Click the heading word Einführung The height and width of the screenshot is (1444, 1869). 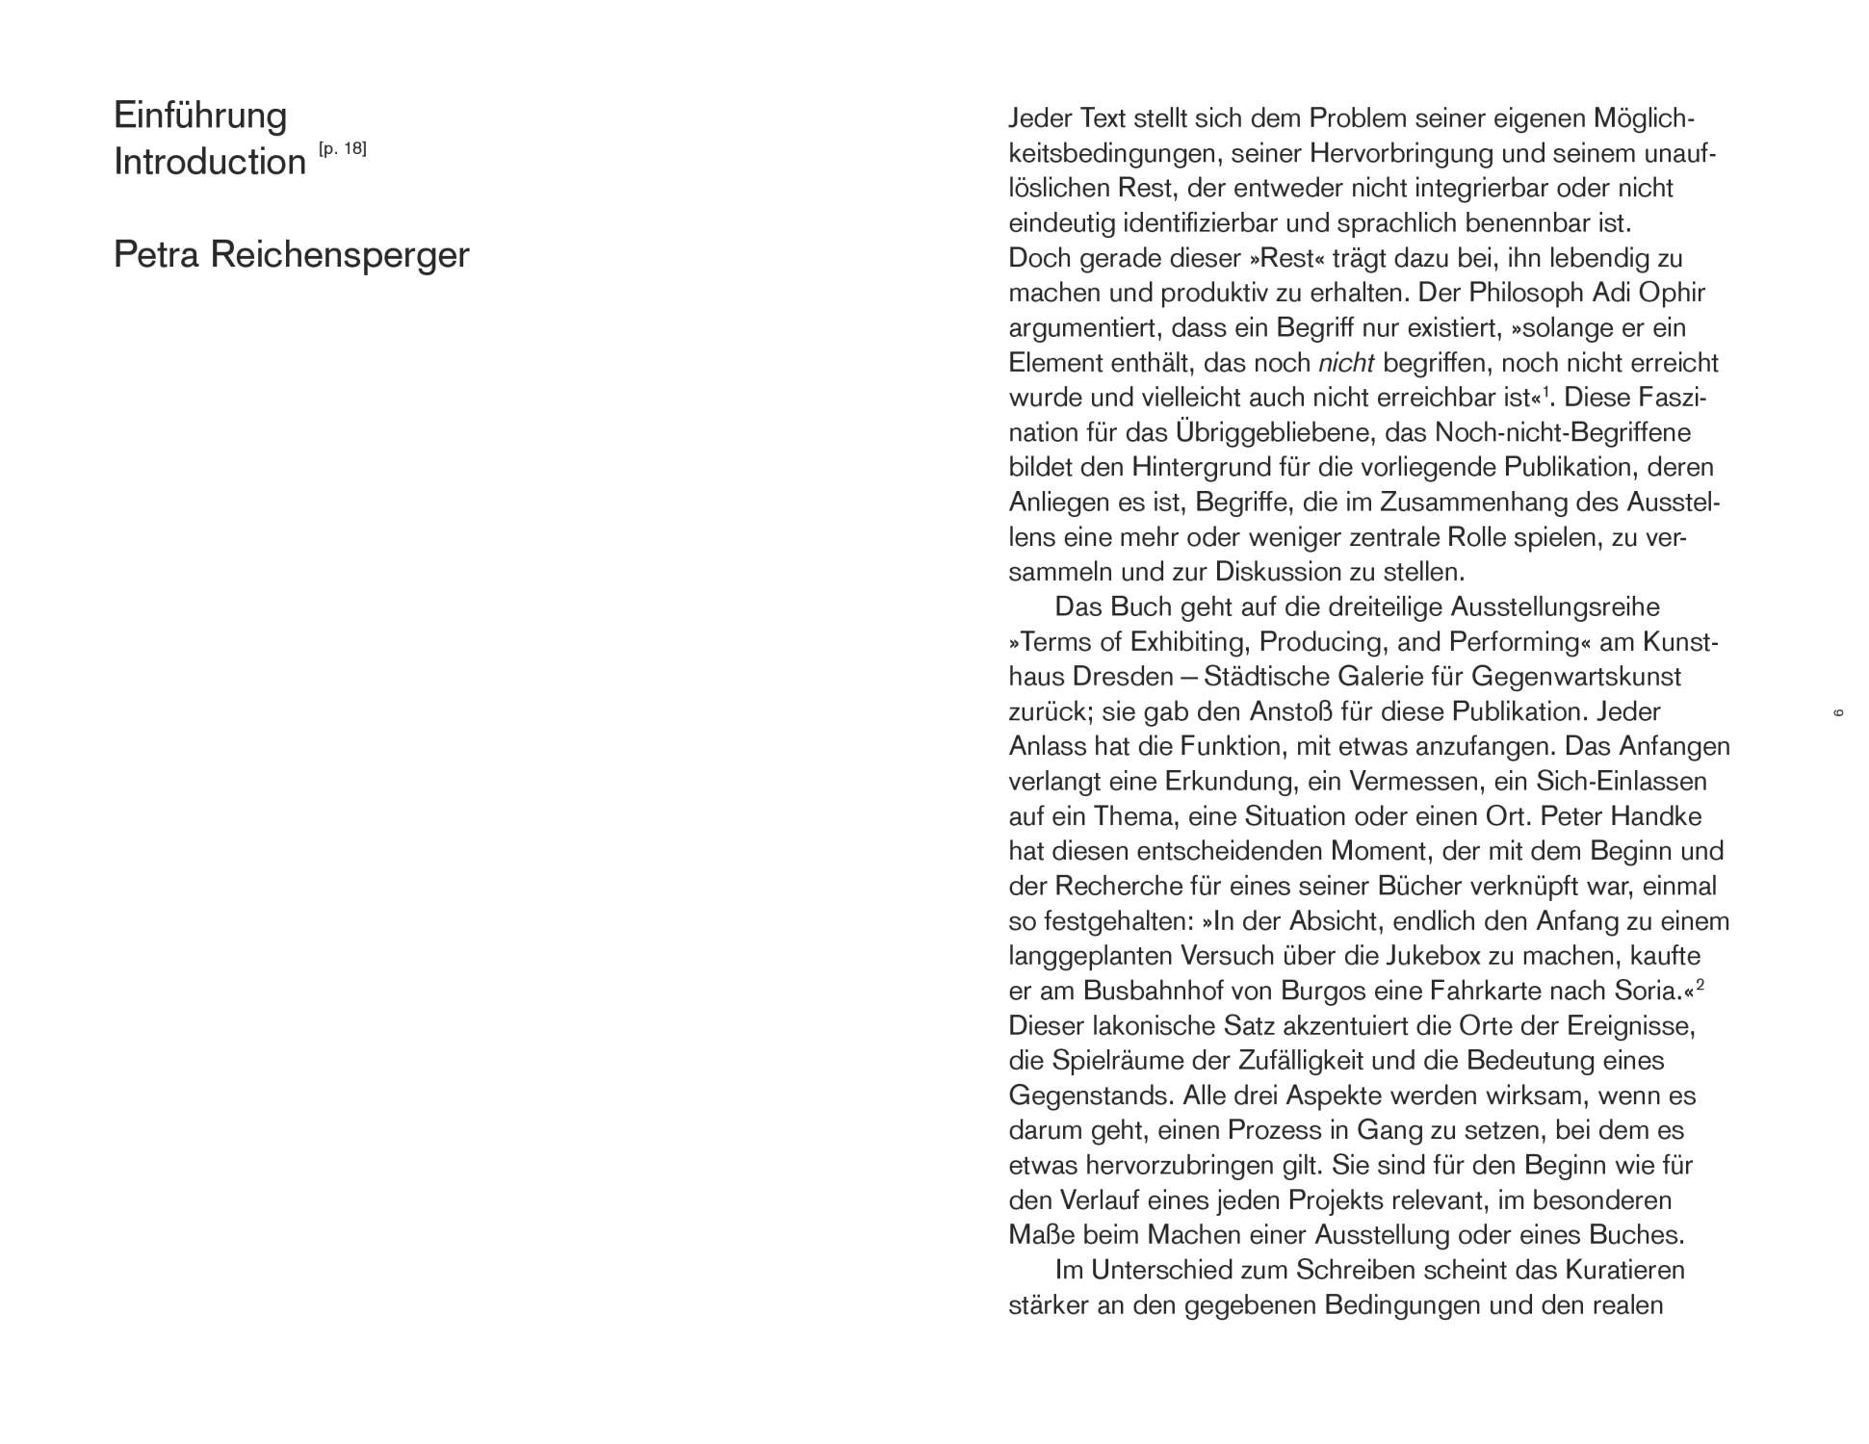click(x=200, y=116)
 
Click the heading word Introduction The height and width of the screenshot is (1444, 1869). click(x=210, y=162)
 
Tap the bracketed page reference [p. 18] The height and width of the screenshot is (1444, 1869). click(x=342, y=149)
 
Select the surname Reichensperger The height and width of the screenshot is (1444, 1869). click(x=340, y=255)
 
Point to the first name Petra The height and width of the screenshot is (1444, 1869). click(x=156, y=255)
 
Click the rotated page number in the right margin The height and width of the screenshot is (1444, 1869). click(x=1837, y=712)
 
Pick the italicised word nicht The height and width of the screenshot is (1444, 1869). click(x=1345, y=363)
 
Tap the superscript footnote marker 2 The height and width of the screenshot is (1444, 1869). click(x=1700, y=985)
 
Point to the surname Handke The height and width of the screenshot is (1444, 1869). click(x=1656, y=816)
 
